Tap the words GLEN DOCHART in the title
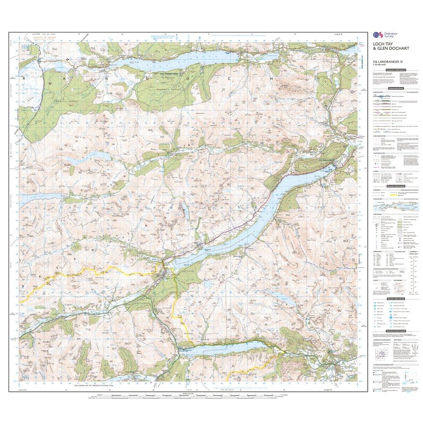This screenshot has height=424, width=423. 389,53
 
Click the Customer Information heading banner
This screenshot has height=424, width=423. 395,70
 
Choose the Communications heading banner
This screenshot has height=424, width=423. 395,89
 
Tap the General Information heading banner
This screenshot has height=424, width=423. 395,186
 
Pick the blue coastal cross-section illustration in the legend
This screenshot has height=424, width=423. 395,206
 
